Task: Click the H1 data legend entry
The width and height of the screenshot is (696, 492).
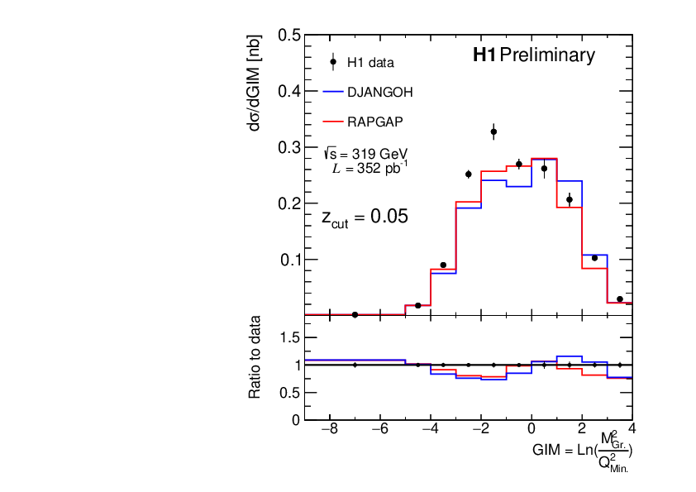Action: (x=369, y=62)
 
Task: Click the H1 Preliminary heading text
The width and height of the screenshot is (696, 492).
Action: (x=533, y=55)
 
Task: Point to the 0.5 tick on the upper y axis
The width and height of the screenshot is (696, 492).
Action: (x=288, y=36)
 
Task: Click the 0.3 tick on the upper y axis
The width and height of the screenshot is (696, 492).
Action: (x=288, y=147)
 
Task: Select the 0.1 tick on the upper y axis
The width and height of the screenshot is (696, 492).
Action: (x=288, y=260)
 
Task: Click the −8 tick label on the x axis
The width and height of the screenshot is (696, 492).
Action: (x=328, y=430)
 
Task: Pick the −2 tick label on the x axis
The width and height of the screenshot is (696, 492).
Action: (x=480, y=430)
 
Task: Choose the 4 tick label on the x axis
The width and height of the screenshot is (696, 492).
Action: (x=632, y=430)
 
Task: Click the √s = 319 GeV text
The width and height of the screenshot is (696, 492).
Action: (x=366, y=154)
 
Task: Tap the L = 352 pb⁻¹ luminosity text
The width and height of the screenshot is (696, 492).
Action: (x=370, y=169)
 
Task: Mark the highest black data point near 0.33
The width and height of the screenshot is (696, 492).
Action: (x=493, y=131)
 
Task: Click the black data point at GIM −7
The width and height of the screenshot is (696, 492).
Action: (x=355, y=314)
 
